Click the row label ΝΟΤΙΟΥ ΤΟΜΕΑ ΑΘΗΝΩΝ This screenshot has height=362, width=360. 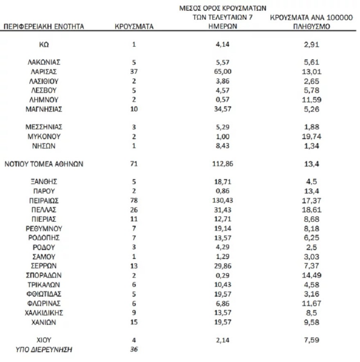(44, 164)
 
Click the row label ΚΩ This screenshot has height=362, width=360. (44, 45)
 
